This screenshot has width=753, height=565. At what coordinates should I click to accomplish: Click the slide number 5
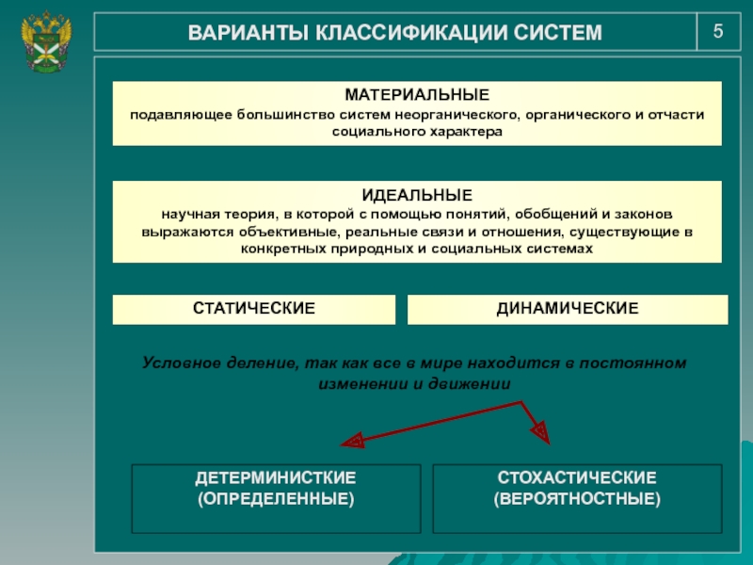click(718, 31)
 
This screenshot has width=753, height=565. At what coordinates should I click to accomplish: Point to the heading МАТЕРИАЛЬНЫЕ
click(417, 96)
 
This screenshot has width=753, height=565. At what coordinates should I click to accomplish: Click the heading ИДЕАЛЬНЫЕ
click(417, 196)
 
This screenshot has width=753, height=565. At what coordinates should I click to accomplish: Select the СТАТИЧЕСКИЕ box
click(253, 309)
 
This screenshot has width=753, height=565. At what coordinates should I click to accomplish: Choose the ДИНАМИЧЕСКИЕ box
click(568, 309)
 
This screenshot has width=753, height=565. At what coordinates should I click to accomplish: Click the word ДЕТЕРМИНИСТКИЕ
click(276, 478)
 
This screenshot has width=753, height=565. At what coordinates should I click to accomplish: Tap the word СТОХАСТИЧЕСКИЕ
click(577, 478)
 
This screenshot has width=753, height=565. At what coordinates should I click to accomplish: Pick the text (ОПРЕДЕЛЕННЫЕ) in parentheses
click(276, 498)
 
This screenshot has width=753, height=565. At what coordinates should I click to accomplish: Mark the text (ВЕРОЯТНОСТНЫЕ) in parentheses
click(577, 498)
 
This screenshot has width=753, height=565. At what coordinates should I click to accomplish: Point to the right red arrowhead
click(539, 432)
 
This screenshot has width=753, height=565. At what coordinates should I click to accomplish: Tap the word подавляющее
click(172, 115)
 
